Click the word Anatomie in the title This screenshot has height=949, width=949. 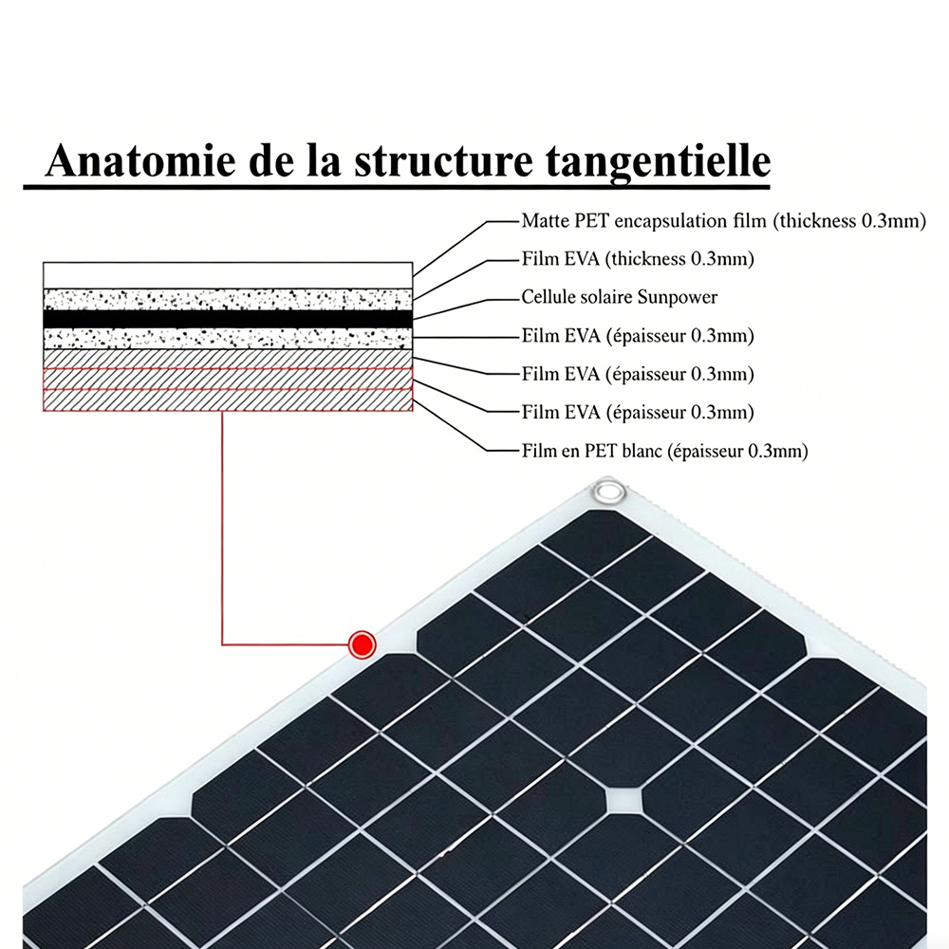click(x=140, y=160)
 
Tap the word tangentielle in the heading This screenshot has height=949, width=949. click(x=658, y=162)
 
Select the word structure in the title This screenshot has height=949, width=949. click(x=443, y=161)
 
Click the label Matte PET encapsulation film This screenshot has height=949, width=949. click(x=645, y=221)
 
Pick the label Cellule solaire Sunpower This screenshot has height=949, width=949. click(x=619, y=297)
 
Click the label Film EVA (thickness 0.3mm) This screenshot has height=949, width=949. click(x=638, y=259)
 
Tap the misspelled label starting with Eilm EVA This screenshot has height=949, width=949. click(x=638, y=336)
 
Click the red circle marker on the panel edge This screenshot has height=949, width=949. click(x=363, y=644)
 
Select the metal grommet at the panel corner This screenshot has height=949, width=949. click(x=608, y=491)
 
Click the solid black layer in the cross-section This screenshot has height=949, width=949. click(x=228, y=319)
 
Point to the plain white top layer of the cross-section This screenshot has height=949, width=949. click(x=228, y=275)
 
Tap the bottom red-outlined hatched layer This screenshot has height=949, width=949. click(x=228, y=400)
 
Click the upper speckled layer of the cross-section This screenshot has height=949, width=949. click(x=228, y=299)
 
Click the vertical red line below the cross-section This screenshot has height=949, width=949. click(x=222, y=528)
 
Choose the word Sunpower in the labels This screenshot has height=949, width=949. click(x=678, y=298)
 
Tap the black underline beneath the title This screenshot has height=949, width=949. click(x=397, y=187)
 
